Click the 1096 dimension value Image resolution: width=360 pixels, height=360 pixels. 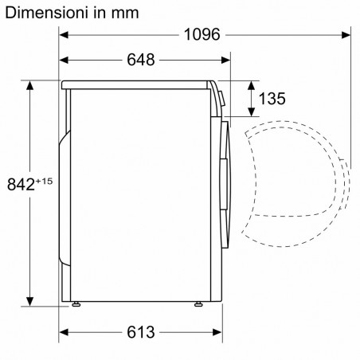coord(202,34)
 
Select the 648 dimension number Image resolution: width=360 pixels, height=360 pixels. coord(141,60)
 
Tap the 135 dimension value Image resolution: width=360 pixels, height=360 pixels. coord(272,99)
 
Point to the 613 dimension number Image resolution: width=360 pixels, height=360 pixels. coord(141,332)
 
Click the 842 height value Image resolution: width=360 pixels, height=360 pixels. coord(21,184)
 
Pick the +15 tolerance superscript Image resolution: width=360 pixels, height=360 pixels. coord(44,181)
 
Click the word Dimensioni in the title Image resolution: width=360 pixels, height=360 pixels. coord(46,13)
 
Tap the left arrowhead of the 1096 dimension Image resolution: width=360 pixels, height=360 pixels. coord(64,35)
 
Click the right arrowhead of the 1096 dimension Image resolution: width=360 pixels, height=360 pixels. coord(346,35)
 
